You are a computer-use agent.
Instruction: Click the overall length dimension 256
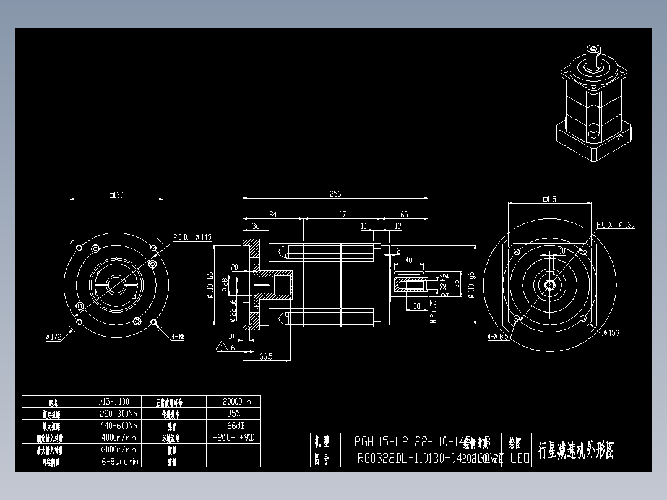(x=335, y=194)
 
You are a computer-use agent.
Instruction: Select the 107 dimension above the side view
(x=340, y=214)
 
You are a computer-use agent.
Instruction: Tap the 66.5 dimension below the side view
(x=266, y=356)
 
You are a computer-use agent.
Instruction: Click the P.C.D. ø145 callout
(x=192, y=237)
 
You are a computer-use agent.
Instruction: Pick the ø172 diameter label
(x=54, y=337)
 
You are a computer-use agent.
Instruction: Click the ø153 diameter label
(x=611, y=333)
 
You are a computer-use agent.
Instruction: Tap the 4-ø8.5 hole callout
(x=497, y=337)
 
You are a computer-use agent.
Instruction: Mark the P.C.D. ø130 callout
(x=615, y=225)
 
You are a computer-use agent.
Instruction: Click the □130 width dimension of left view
(x=116, y=195)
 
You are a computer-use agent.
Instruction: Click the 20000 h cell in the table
(x=233, y=401)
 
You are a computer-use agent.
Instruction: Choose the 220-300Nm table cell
(x=118, y=413)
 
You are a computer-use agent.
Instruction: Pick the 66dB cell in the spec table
(x=233, y=425)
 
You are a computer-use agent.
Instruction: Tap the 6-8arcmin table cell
(x=118, y=461)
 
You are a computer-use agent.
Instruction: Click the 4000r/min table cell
(x=118, y=437)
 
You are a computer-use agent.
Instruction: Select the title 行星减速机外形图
(x=575, y=449)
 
